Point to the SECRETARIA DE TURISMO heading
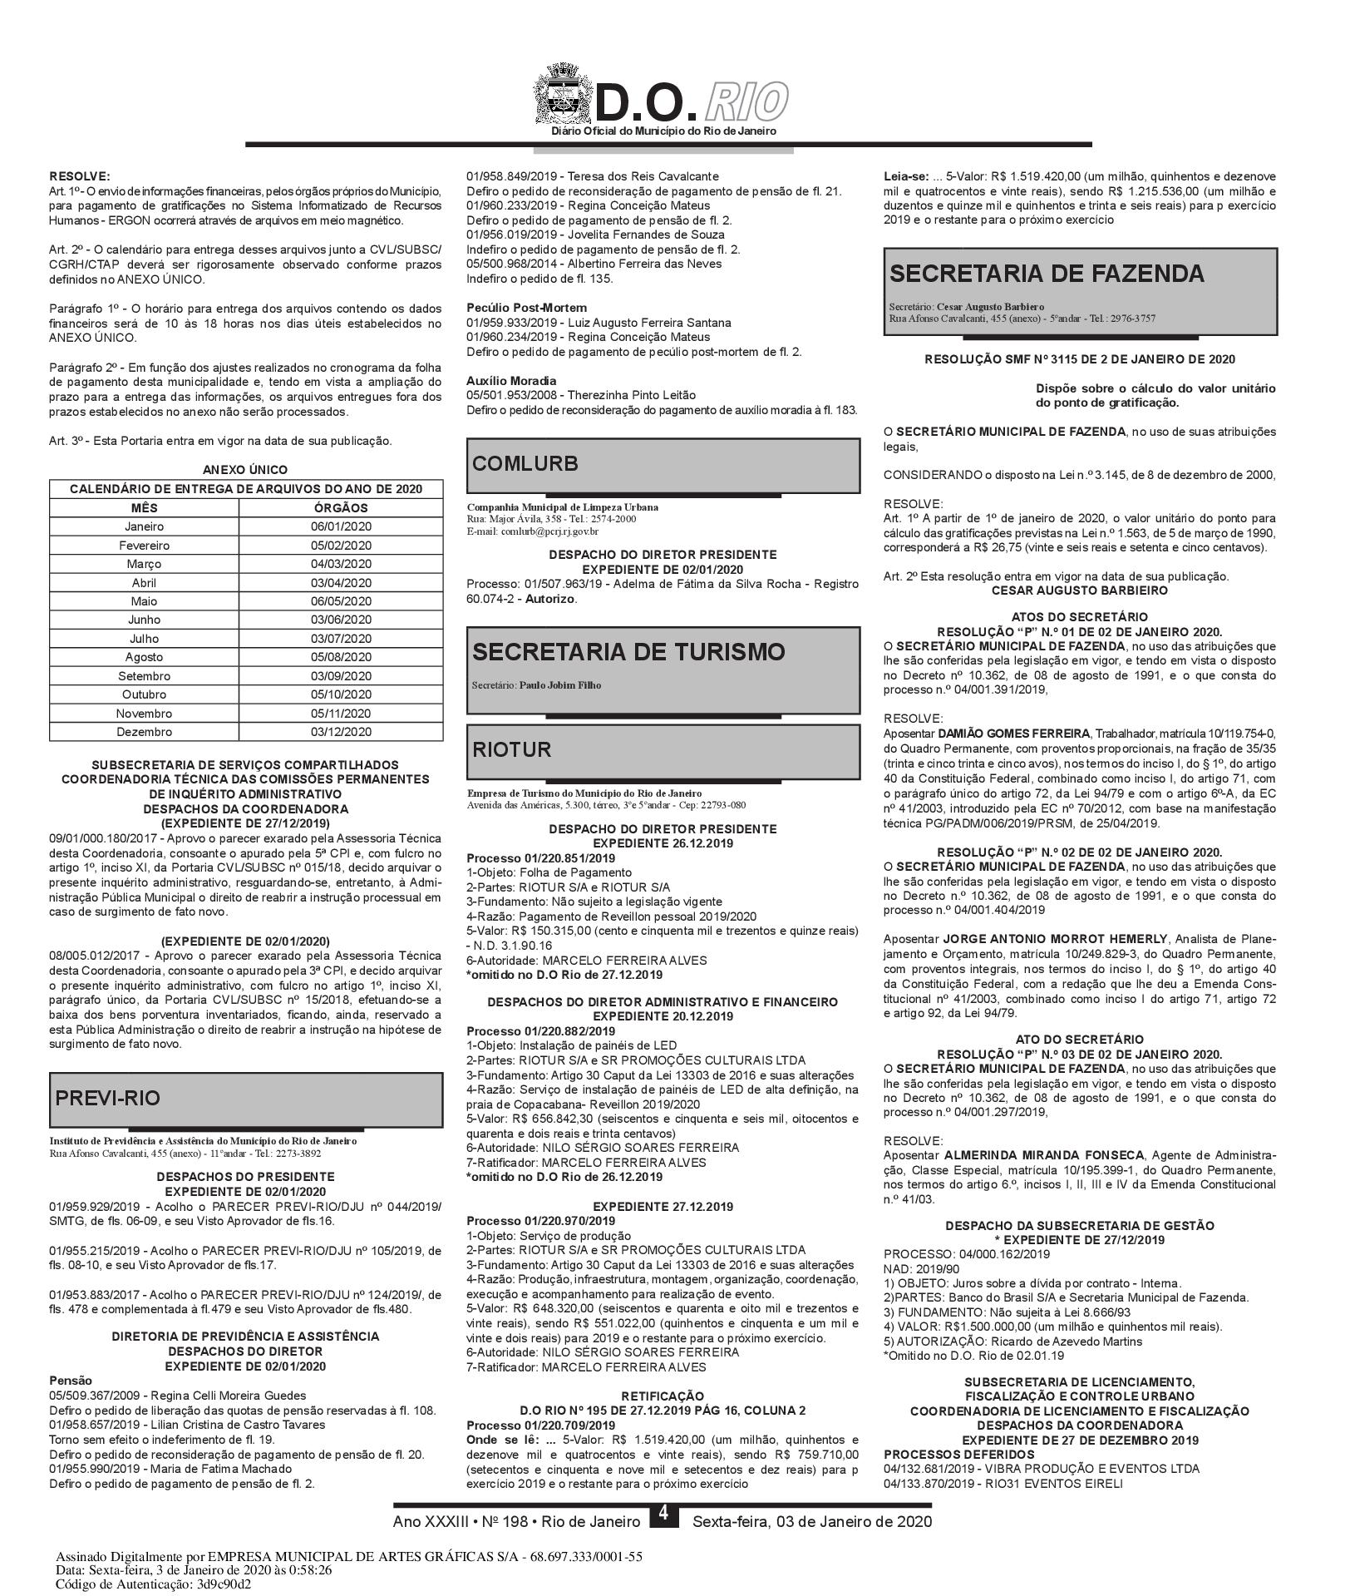click(628, 652)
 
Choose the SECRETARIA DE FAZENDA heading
click(1047, 274)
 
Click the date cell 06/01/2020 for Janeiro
click(341, 526)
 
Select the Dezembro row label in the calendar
click(145, 732)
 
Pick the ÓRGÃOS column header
click(341, 507)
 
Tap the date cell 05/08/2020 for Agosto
click(341, 657)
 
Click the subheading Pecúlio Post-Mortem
click(526, 308)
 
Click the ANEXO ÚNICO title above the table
click(245, 470)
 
